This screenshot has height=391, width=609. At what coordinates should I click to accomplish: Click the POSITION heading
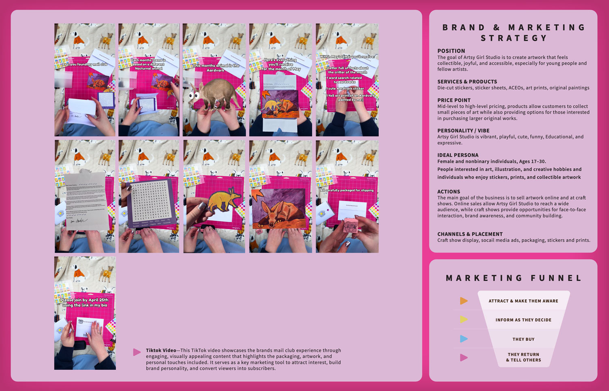tap(451, 51)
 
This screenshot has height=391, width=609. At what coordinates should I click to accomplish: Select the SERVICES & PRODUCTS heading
tap(467, 82)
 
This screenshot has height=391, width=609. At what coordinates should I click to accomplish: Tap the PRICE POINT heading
tap(454, 100)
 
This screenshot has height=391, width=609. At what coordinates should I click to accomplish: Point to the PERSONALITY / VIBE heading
tap(463, 131)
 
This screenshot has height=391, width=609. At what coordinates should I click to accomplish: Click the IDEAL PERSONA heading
tap(458, 155)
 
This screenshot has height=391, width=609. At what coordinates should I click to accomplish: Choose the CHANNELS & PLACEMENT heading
tap(470, 234)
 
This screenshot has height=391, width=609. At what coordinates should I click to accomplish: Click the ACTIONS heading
tap(449, 191)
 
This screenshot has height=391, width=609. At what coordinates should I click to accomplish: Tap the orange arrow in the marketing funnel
tap(464, 301)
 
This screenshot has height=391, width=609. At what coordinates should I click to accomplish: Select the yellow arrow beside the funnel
tap(464, 320)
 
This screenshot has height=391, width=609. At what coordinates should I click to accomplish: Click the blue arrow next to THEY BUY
tap(464, 339)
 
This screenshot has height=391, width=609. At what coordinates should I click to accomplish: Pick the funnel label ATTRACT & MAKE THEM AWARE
tap(523, 301)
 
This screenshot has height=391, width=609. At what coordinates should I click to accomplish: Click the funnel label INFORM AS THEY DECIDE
tap(523, 320)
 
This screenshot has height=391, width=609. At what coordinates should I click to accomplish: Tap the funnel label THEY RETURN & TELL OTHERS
tap(523, 357)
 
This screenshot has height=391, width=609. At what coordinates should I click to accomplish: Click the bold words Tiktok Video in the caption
tap(161, 350)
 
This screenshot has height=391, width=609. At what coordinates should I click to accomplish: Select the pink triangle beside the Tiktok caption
tap(137, 352)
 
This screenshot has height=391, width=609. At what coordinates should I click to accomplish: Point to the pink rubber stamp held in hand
tap(350, 226)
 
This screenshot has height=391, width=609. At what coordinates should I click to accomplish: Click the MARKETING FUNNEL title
tap(514, 278)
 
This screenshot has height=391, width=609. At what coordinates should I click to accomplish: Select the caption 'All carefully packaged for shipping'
tap(347, 190)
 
